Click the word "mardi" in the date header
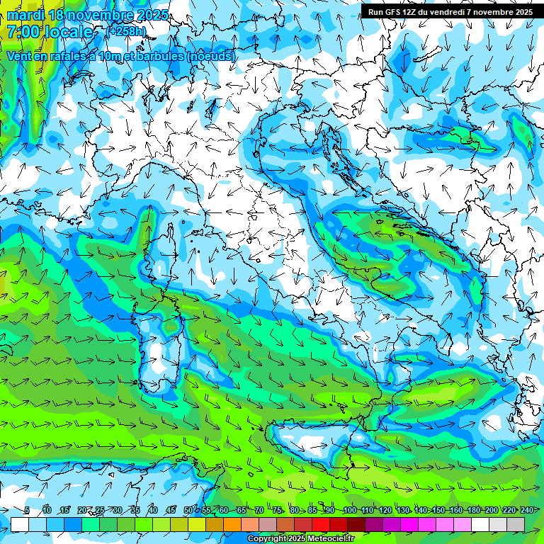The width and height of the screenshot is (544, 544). tap(23, 15)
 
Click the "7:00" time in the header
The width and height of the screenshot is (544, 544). tap(24, 32)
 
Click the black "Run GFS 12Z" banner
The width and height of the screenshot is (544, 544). tap(450, 11)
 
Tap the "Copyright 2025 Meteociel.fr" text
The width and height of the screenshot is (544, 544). tap(301, 539)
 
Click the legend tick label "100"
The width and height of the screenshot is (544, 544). tap(349, 510)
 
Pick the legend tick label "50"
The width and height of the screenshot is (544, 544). tap(188, 510)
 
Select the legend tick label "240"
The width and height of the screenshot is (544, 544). tap(527, 510)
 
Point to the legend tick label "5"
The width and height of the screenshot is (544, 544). tap(27, 510)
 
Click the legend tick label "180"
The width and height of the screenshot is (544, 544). tap(473, 510)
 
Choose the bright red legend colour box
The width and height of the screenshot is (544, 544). tap(321, 524)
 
